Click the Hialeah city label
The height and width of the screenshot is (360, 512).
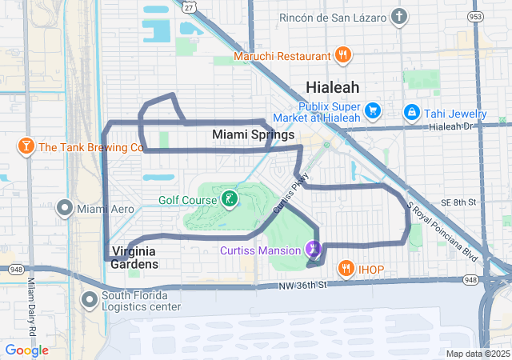332,87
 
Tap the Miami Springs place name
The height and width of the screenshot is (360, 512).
253,135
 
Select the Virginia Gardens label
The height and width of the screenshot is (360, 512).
134,257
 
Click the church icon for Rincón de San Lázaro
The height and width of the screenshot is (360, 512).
400,17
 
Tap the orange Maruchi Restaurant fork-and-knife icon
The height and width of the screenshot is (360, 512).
343,55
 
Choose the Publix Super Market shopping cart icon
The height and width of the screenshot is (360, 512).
372,111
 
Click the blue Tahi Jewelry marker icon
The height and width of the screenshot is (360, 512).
411,111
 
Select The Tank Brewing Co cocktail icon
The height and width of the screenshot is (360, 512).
26,146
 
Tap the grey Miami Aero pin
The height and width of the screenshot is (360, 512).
65,209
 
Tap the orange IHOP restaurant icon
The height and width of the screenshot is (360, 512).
346,268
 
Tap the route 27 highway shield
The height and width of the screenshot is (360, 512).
187,6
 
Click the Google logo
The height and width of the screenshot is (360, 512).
27,350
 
